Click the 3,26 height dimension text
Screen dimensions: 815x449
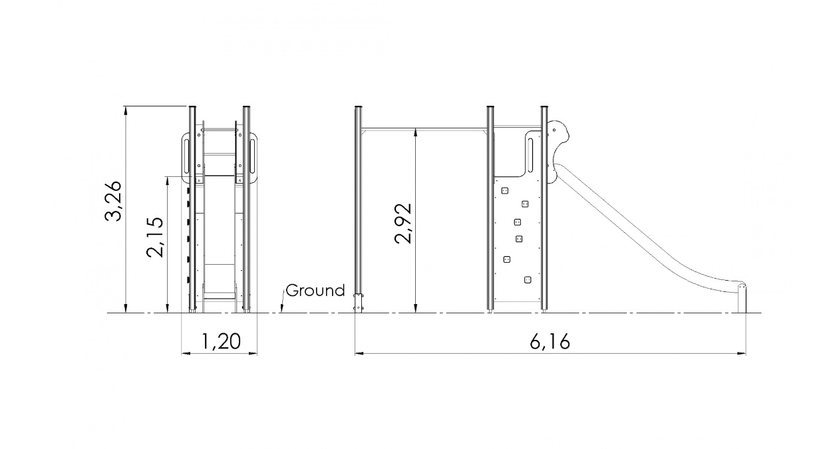point(113,200)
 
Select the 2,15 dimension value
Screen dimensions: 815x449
point(155,237)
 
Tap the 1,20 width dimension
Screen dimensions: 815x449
point(221,341)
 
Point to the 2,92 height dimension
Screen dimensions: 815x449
point(403,223)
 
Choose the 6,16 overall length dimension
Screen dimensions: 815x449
point(550,342)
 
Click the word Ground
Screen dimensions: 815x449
point(315,291)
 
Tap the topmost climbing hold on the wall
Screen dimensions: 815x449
point(505,191)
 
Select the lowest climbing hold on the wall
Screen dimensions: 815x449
point(528,279)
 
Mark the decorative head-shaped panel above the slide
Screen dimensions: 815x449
point(558,151)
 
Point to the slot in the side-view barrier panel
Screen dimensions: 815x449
point(530,154)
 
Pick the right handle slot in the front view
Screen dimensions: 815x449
point(251,156)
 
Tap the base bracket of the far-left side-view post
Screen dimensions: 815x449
point(359,303)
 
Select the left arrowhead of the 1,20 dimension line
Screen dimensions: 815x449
point(186,353)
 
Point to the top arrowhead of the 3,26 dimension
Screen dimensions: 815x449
point(126,111)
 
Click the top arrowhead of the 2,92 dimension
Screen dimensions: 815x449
point(416,134)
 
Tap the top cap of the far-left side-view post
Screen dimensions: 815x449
point(359,107)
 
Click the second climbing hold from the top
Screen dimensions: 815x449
point(525,204)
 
